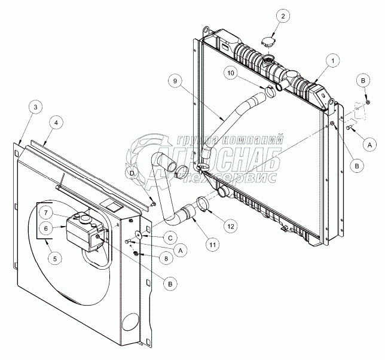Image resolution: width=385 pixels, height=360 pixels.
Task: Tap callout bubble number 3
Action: (x=35, y=107)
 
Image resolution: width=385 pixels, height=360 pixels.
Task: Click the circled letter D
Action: (x=133, y=173)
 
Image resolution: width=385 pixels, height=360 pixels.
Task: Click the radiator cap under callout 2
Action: (x=267, y=42)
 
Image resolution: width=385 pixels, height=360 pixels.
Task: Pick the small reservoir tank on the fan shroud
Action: (x=84, y=230)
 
